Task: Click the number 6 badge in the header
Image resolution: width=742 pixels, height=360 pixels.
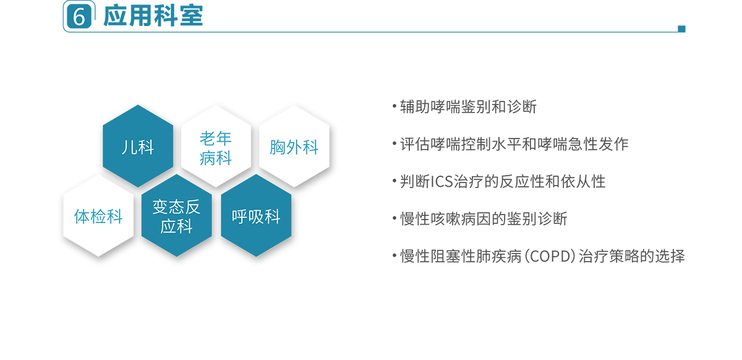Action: tap(79, 16)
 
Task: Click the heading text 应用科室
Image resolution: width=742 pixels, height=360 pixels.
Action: tap(153, 15)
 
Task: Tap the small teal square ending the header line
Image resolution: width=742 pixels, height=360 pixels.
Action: tap(681, 29)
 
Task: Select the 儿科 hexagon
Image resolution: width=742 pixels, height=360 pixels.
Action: tap(138, 146)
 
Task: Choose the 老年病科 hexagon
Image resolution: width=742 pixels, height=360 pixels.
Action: tap(216, 146)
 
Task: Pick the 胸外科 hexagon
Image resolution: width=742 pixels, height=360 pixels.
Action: tap(294, 146)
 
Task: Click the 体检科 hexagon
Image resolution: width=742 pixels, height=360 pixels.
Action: tap(98, 215)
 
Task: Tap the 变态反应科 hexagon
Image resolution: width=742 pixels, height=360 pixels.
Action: tap(177, 215)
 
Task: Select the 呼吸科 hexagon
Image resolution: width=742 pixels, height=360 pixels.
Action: tap(256, 215)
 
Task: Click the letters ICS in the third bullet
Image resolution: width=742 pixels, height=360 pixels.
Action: tap(441, 182)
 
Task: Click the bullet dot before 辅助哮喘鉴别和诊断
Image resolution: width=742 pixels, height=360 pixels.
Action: tap(394, 106)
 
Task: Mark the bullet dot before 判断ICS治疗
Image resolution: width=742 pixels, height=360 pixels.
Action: tap(394, 181)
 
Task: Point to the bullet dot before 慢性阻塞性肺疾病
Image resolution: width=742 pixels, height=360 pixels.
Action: tap(394, 255)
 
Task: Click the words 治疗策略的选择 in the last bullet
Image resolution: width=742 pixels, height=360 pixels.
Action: tap(632, 256)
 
